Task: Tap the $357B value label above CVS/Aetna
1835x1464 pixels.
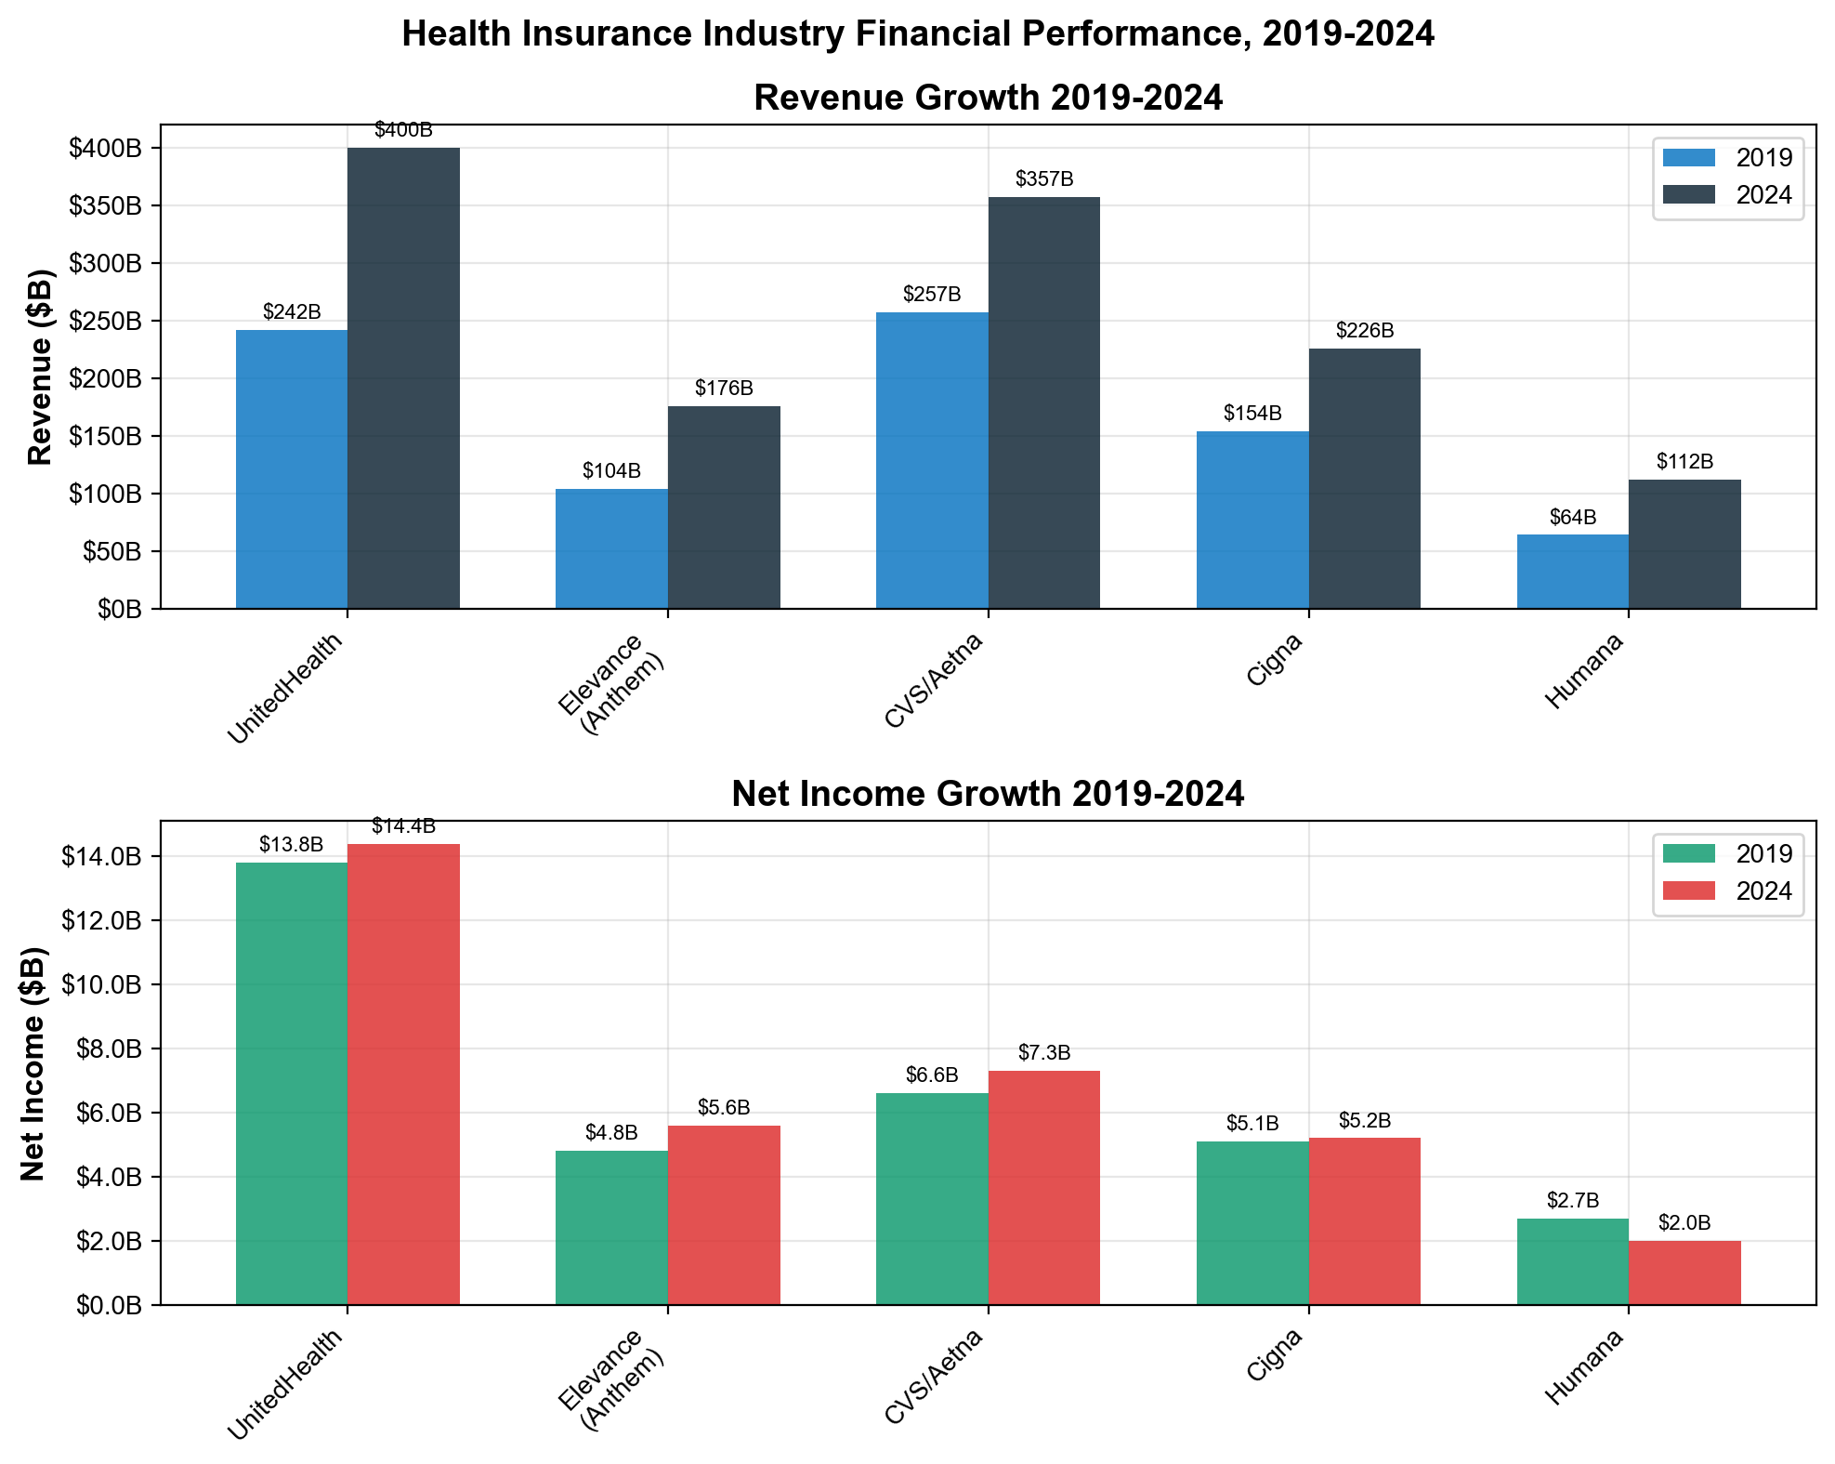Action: click(x=1044, y=179)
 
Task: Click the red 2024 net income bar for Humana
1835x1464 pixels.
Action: click(x=1684, y=1273)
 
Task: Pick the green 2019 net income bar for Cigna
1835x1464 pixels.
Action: click(x=1252, y=1223)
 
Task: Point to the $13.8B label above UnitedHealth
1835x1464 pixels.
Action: click(x=291, y=845)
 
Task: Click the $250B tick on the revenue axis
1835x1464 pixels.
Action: click(x=106, y=322)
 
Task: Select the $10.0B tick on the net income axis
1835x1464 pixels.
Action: click(x=102, y=984)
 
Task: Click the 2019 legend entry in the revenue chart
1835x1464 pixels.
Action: click(x=1727, y=157)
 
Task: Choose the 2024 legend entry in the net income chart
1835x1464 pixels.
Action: click(x=1727, y=890)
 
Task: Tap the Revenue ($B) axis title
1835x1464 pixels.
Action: click(x=40, y=367)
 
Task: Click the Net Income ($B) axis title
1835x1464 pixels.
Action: click(x=33, y=1063)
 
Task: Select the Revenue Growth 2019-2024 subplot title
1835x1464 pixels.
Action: click(x=988, y=98)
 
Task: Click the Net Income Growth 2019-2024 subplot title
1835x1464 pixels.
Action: click(x=988, y=794)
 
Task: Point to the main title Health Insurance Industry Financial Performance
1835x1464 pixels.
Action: click(x=918, y=34)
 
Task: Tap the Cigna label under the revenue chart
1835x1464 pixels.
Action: click(x=1275, y=661)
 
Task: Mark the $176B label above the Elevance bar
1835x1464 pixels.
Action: click(x=724, y=389)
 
